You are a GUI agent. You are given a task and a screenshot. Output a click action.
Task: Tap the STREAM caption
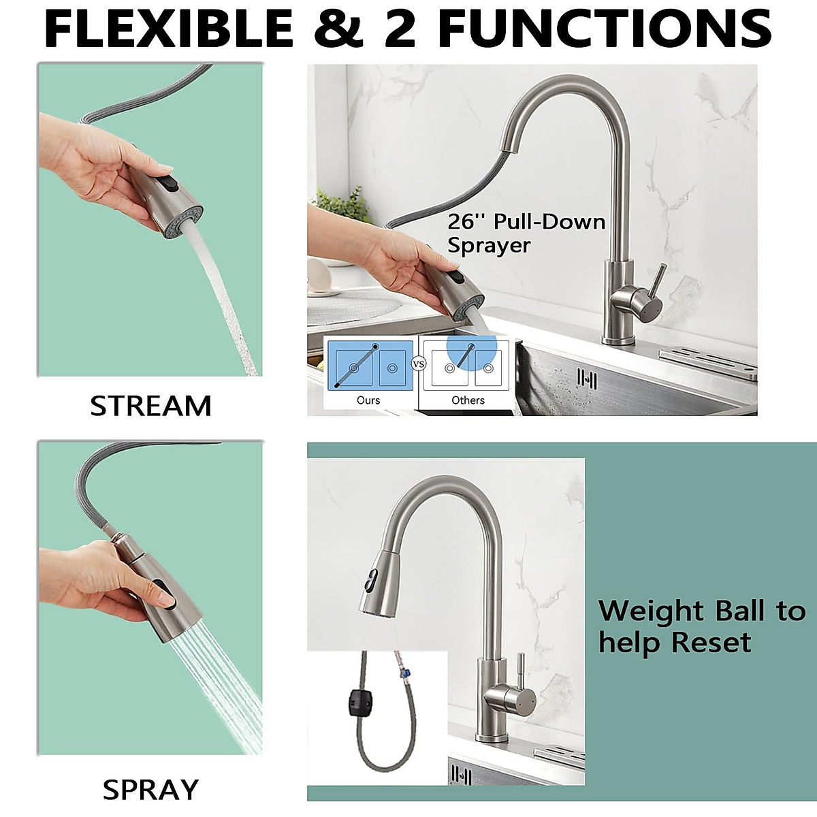pyautogui.click(x=150, y=406)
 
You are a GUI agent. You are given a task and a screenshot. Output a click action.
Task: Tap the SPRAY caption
pyautogui.click(x=150, y=790)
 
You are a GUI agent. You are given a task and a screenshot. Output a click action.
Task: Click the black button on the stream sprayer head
pyautogui.click(x=167, y=186)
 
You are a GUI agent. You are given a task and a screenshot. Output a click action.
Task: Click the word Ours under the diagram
pyautogui.click(x=368, y=400)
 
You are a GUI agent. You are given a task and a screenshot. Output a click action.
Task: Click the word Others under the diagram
pyautogui.click(x=468, y=400)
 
